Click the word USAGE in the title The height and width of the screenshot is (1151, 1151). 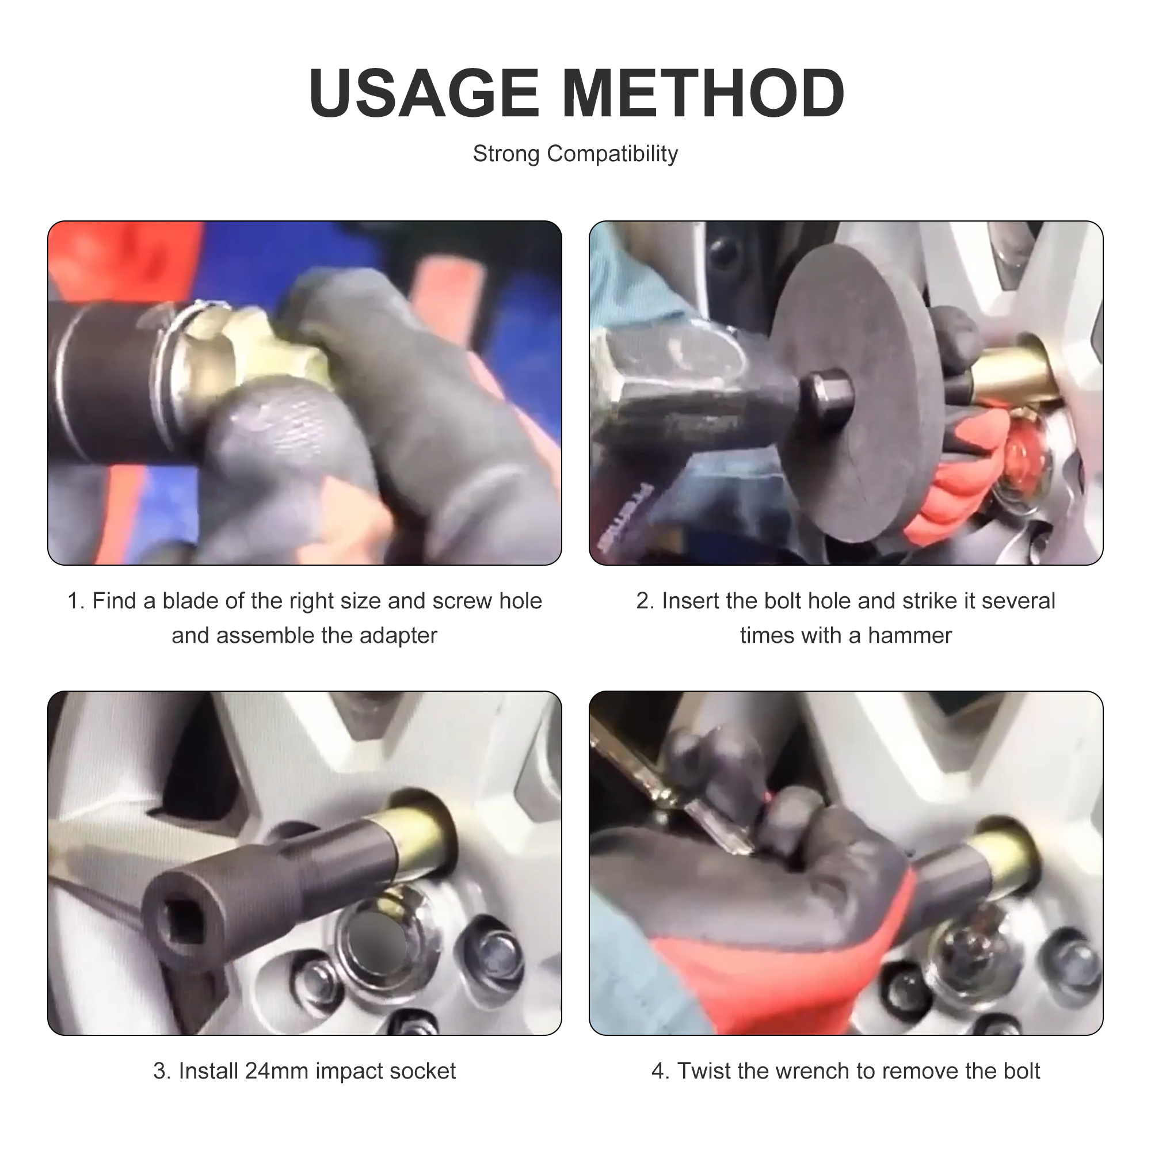[x=424, y=94]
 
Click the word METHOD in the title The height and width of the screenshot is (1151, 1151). [x=703, y=94]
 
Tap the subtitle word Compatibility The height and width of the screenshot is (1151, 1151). [x=612, y=154]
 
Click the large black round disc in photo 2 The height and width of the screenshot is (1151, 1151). [x=858, y=334]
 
